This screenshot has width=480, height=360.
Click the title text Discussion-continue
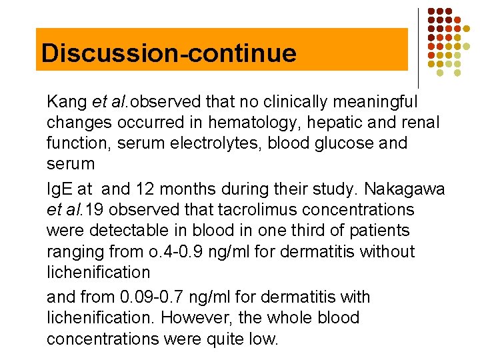pyautogui.click(x=169, y=53)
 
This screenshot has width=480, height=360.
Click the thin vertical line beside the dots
pyautogui.click(x=419, y=47)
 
